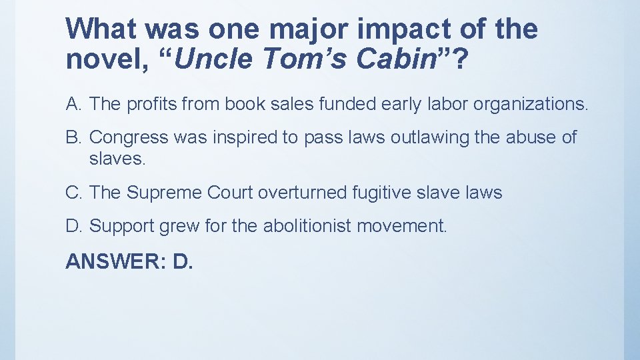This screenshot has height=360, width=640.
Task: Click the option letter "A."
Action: [74, 104]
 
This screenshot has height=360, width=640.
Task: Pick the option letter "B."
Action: [74, 137]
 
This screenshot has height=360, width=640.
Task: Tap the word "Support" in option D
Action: [122, 227]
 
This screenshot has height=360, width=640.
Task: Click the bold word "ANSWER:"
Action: [115, 261]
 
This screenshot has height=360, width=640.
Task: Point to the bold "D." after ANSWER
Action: [183, 261]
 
